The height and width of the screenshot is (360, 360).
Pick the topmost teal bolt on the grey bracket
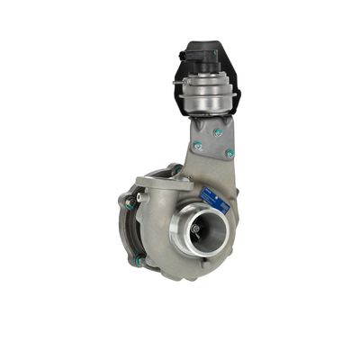coord(216,131)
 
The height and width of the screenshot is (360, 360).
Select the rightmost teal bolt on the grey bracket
coord(230,153)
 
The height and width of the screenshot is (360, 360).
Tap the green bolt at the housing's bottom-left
coord(138,261)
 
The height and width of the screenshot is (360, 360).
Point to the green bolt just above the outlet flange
coord(176,168)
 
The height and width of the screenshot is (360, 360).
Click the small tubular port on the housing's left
coord(129,193)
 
